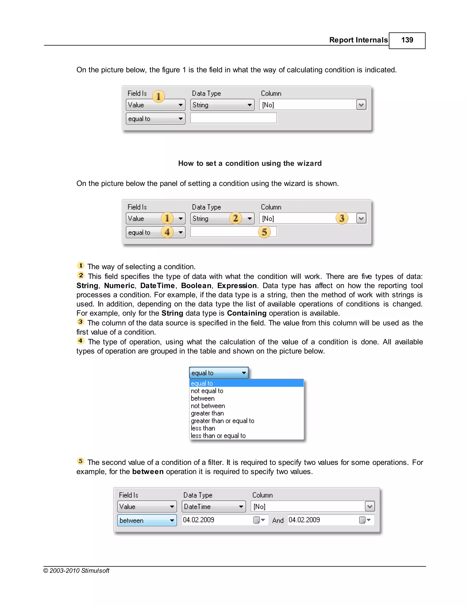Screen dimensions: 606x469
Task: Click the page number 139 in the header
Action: click(407, 40)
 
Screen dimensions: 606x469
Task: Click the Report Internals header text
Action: click(358, 40)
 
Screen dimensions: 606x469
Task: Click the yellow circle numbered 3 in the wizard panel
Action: click(342, 218)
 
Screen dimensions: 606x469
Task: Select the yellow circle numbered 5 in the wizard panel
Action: click(264, 232)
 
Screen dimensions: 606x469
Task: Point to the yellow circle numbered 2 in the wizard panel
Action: click(235, 218)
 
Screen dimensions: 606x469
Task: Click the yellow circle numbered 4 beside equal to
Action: click(167, 232)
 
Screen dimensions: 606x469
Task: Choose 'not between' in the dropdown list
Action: click(208, 406)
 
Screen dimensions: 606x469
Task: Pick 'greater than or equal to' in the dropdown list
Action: click(222, 421)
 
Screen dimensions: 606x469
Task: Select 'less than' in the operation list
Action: click(203, 428)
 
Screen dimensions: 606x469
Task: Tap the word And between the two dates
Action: click(278, 520)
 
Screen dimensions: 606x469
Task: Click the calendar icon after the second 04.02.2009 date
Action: click(362, 520)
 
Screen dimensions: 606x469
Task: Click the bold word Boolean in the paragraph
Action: click(196, 286)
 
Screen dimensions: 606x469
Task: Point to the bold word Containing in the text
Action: click(246, 313)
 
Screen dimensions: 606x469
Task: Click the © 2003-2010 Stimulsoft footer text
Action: click(76, 571)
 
